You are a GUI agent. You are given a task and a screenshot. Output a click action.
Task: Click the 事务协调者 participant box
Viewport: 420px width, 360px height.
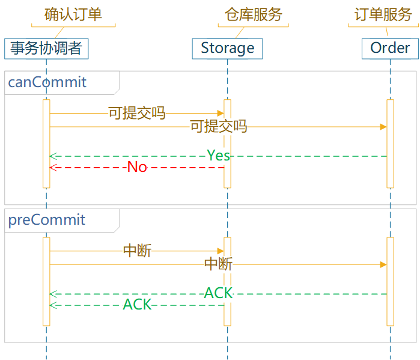click(46, 48)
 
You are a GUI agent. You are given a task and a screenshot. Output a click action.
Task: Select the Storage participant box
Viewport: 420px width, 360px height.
click(227, 48)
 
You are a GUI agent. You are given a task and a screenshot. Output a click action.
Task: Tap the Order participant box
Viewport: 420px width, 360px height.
click(390, 48)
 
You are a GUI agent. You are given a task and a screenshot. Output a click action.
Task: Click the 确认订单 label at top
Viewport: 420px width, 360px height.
click(73, 14)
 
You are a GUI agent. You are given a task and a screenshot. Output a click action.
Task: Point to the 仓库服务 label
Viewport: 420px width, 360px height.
click(253, 14)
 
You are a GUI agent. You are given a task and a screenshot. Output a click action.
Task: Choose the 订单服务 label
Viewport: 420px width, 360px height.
click(383, 14)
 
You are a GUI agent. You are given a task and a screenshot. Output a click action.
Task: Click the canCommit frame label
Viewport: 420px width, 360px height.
click(47, 82)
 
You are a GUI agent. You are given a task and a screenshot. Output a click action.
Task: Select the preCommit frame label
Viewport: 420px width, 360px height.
click(47, 220)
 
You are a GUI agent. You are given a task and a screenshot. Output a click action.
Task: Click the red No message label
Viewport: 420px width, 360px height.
click(137, 167)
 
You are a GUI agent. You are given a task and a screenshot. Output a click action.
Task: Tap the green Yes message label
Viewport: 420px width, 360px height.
click(218, 156)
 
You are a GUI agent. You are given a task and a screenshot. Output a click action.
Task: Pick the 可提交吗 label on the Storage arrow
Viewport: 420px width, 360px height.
click(136, 113)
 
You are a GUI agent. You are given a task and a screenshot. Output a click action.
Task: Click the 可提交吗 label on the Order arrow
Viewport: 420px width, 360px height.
click(218, 127)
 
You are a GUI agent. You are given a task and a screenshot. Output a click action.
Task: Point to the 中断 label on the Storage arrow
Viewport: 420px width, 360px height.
click(137, 251)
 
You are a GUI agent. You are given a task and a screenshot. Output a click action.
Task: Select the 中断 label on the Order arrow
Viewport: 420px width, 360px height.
click(218, 264)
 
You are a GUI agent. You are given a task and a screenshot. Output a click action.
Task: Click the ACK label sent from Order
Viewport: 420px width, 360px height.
click(218, 293)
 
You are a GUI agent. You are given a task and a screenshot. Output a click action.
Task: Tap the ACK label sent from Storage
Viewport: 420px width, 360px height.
click(137, 305)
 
